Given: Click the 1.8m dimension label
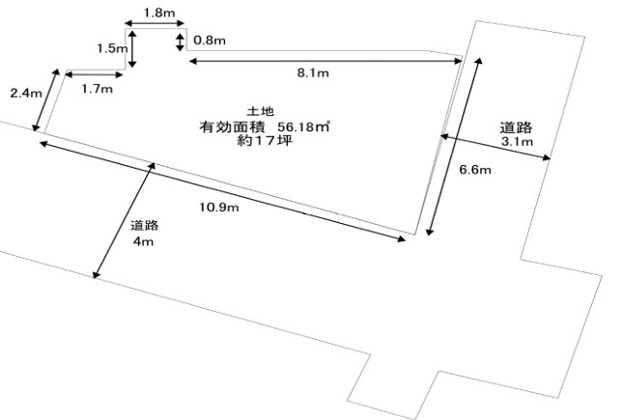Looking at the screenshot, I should click(158, 12).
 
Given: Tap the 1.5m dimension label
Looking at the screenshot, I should click(109, 47).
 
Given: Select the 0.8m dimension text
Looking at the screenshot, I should click(209, 41).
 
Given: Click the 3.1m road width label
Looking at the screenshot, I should click(516, 142).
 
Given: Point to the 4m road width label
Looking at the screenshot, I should click(143, 240).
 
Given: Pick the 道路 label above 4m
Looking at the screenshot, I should click(144, 226).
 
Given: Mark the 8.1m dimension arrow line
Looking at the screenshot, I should click(325, 61).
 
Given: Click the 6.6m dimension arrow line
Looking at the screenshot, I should click(452, 145).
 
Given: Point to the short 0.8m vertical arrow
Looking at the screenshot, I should click(181, 41).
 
